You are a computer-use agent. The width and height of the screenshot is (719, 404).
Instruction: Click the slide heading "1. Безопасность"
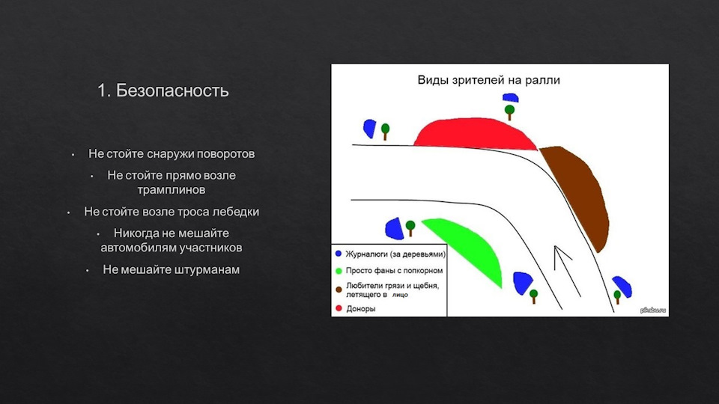pos(163,91)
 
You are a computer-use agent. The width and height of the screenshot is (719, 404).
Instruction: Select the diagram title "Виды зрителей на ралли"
pos(488,80)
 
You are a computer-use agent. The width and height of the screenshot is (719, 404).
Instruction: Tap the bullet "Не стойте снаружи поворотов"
pos(172,154)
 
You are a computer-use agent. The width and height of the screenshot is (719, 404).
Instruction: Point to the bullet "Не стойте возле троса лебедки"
pos(172,212)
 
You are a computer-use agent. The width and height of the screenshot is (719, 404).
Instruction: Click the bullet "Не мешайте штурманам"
pos(171,269)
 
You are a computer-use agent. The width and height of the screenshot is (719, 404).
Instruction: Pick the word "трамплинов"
pos(172,190)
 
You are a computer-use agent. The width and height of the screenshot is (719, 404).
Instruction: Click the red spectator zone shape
pos(475,134)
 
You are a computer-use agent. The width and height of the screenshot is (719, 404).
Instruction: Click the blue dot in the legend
pos(339,254)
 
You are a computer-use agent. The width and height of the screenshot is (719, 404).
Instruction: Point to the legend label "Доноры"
pos(361,309)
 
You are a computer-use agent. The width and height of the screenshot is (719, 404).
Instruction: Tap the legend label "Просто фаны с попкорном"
pos(395,271)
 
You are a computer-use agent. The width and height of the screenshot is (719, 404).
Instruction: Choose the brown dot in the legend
pos(339,290)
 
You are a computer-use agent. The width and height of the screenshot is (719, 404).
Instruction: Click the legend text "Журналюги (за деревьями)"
pos(395,254)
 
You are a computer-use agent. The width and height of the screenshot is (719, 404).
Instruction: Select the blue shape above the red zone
pos(510,97)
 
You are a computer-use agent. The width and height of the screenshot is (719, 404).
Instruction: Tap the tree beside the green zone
pos(410,227)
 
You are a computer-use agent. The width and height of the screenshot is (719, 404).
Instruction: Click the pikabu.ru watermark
pos(653,310)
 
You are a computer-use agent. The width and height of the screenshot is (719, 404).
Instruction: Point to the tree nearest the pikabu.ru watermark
pos(617,296)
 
